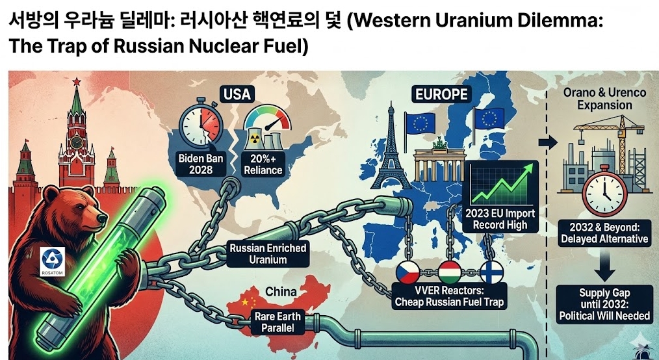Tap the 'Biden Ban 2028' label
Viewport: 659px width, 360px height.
click(198, 164)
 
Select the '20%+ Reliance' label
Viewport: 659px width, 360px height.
click(264, 164)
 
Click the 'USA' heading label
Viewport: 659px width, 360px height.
click(236, 94)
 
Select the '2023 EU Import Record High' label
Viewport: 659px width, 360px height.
click(501, 219)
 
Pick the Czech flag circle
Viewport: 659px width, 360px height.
click(410, 272)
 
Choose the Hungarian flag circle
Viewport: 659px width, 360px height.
click(449, 272)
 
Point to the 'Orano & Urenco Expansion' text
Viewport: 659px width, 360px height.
click(604, 99)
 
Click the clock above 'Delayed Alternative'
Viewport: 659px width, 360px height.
click(604, 189)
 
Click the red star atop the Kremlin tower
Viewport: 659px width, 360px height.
click(77, 81)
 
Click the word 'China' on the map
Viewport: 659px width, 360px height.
click(281, 292)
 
